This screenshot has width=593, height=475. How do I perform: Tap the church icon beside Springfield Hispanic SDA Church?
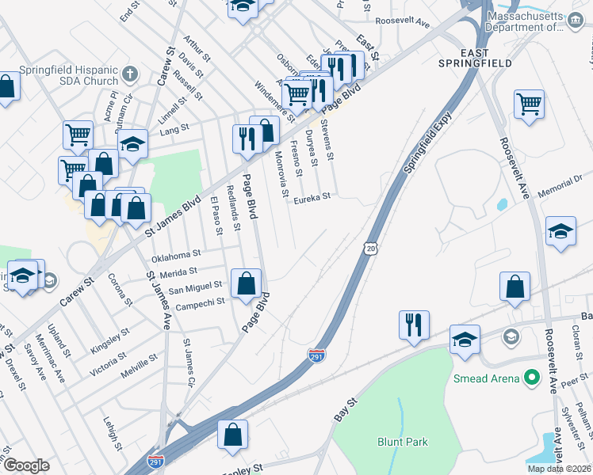pyautogui.click(x=131, y=75)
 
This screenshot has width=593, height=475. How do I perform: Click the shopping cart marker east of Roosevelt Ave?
pyautogui.click(x=529, y=104)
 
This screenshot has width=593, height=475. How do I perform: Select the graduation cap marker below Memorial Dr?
pyautogui.click(x=560, y=232)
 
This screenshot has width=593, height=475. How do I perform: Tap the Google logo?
pyautogui.click(x=26, y=465)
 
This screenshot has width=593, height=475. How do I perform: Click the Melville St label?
pyautogui.click(x=141, y=359)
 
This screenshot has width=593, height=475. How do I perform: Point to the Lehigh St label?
pyautogui.click(x=110, y=435)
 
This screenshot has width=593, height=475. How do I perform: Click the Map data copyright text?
pyautogui.click(x=559, y=469)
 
